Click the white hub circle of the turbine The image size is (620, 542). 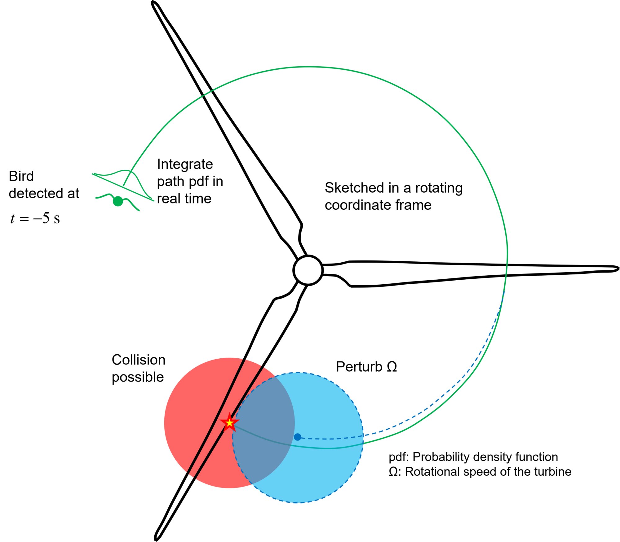(x=308, y=270)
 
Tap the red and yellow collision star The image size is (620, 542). (x=229, y=422)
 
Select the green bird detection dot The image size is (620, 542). (x=118, y=201)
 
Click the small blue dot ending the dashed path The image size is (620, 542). (x=298, y=437)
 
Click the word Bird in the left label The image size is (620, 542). (x=21, y=176)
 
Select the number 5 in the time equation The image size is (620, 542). (x=46, y=218)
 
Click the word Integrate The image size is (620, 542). (x=185, y=164)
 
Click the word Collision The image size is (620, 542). (x=138, y=360)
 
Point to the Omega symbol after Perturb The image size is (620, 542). (x=392, y=367)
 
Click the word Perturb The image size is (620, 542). (x=359, y=367)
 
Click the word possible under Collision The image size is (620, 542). (x=138, y=378)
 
